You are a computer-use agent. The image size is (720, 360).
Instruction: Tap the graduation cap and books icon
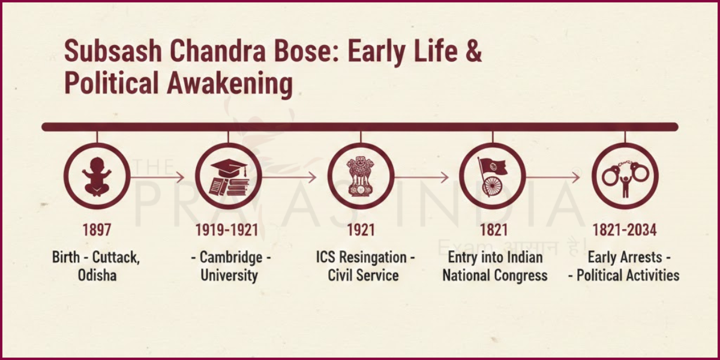229,176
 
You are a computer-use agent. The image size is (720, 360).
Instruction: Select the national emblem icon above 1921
360,176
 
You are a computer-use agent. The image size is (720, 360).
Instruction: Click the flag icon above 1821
492,176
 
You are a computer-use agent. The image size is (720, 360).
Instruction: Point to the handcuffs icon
625,176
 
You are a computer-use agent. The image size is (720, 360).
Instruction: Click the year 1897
97,230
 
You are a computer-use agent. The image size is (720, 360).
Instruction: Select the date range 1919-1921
229,230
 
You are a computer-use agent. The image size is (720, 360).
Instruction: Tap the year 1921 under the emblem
360,230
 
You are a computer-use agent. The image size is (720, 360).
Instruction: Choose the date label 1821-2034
625,230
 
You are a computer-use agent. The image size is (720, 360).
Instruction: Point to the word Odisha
97,276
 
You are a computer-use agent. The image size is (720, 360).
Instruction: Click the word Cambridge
231,258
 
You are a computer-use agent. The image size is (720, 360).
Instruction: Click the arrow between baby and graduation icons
157,177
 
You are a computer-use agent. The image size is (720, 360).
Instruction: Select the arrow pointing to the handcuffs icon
553,177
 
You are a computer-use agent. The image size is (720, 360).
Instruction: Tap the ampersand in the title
473,52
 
